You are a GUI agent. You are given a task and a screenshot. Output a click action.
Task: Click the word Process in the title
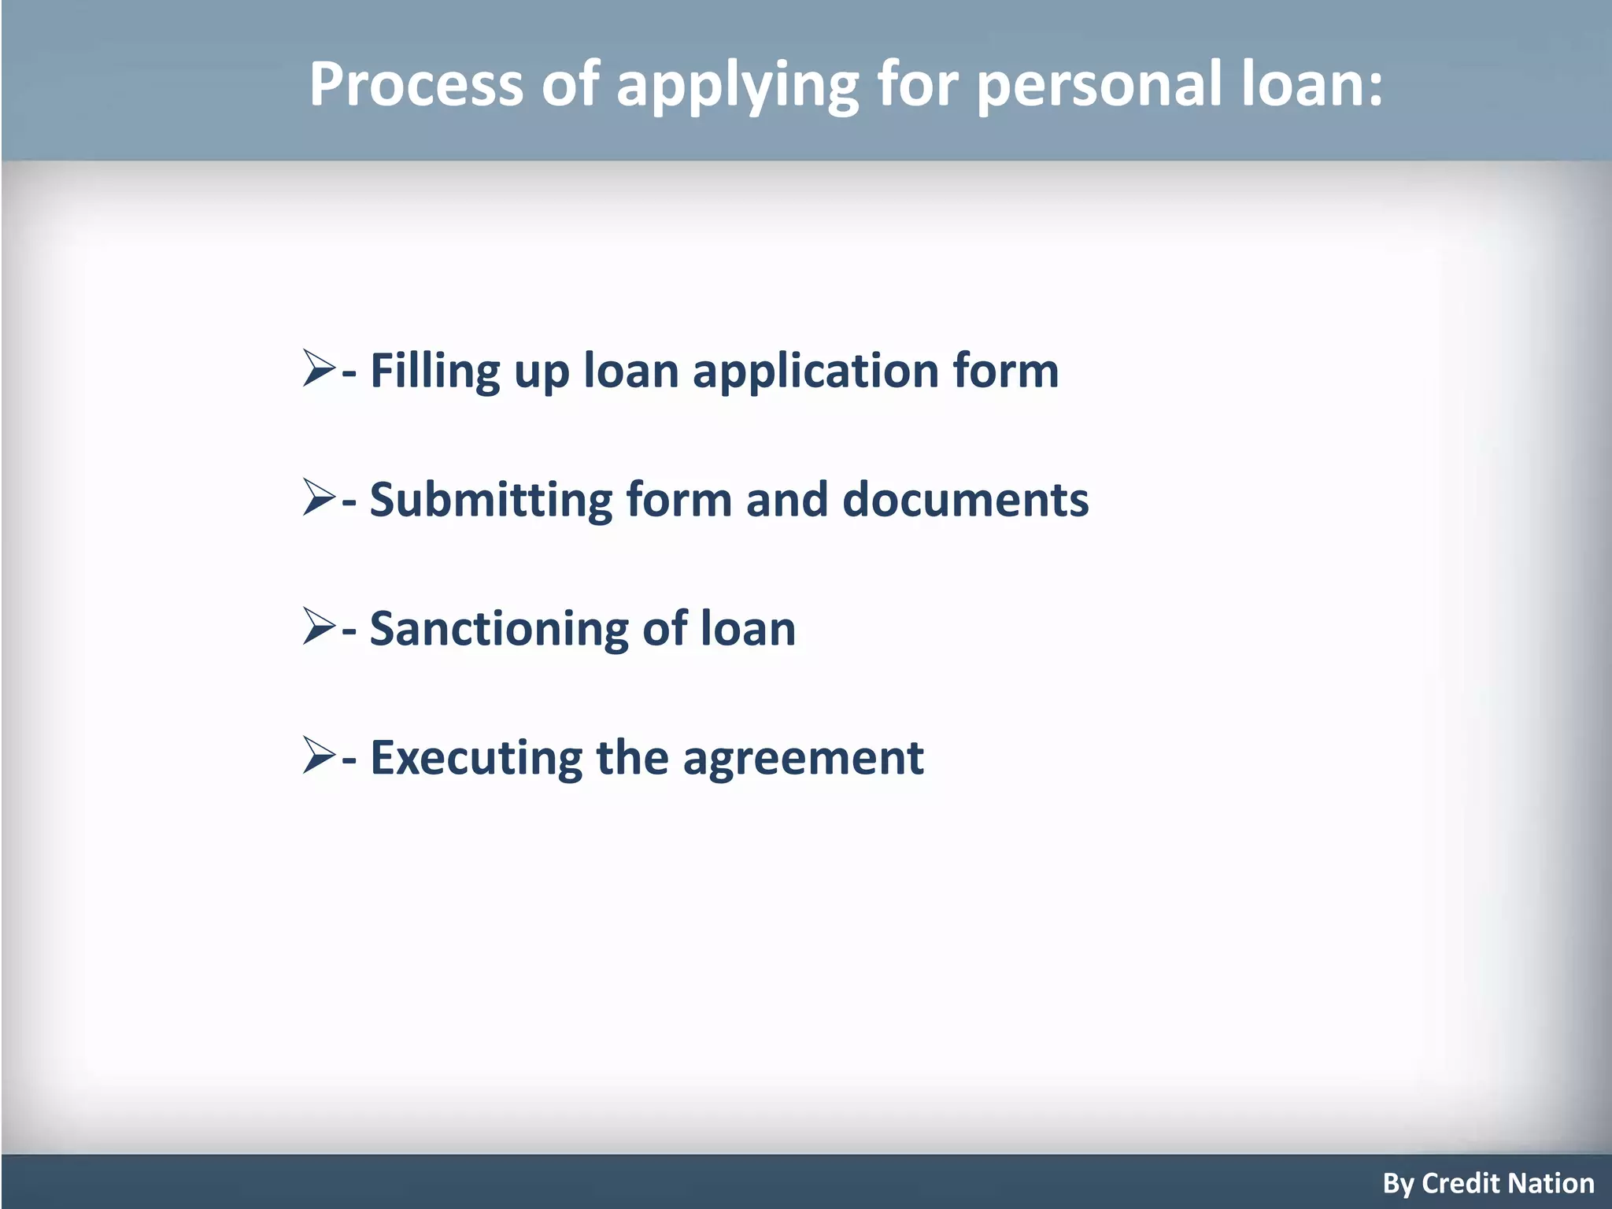[x=416, y=83]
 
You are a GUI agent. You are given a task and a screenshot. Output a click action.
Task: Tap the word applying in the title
[x=737, y=87]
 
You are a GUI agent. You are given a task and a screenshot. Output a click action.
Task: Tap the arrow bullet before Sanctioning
[x=319, y=627]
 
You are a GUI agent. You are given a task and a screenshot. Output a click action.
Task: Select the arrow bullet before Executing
[x=319, y=756]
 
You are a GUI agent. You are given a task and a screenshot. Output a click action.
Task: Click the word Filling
[x=434, y=372]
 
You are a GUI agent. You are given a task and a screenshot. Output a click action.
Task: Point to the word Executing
[x=476, y=759]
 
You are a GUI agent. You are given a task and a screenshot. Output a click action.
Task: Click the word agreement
[x=803, y=759]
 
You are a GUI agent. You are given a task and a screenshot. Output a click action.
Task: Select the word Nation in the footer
[x=1550, y=1183]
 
